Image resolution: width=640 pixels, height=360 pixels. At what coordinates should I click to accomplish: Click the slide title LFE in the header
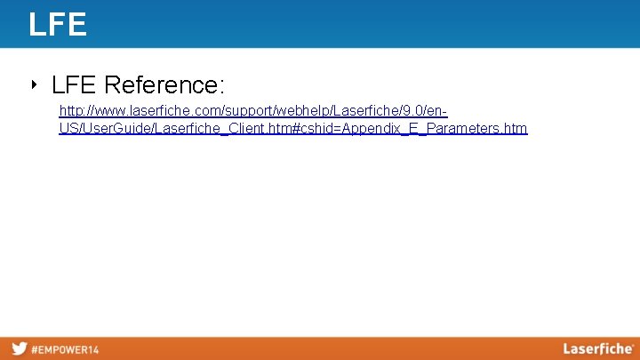[58, 24]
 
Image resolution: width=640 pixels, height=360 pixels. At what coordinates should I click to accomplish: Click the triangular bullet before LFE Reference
[34, 85]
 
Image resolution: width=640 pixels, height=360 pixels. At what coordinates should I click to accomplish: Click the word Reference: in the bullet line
[164, 85]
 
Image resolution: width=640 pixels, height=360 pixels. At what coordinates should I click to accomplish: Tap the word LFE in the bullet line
[75, 85]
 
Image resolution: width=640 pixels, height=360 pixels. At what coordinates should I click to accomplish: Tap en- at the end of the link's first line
[436, 112]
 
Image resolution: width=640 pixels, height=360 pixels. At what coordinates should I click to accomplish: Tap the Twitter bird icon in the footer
[19, 348]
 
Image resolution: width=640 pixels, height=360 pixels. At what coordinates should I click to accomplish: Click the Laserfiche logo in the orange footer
[596, 348]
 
